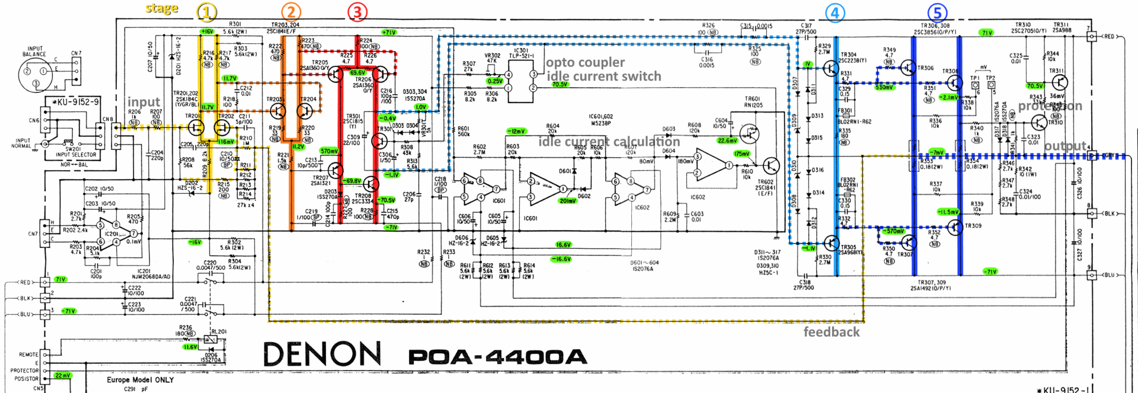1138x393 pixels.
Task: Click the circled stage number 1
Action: click(x=206, y=11)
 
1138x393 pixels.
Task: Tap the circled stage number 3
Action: click(x=357, y=11)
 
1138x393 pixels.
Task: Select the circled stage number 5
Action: click(x=937, y=12)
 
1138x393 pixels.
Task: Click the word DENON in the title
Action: click(x=322, y=354)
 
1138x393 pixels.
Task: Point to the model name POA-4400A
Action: click(x=497, y=357)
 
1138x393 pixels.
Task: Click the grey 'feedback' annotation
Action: click(x=831, y=332)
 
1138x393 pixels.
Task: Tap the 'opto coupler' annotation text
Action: click(x=585, y=62)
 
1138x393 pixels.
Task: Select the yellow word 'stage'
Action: click(x=162, y=9)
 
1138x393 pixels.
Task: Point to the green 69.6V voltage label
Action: click(x=357, y=73)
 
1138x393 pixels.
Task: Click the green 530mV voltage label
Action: click(x=884, y=87)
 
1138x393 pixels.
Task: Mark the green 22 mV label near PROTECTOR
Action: click(x=62, y=375)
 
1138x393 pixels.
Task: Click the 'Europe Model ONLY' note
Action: click(x=140, y=379)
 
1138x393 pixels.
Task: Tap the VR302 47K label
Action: click(x=493, y=58)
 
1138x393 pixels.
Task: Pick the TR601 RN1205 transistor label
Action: click(x=753, y=102)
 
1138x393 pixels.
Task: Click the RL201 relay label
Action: click(x=219, y=332)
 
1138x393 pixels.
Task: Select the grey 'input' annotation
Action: click(x=143, y=102)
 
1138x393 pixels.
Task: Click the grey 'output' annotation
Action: click(x=1065, y=146)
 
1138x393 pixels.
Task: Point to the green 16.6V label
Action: click(x=563, y=244)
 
